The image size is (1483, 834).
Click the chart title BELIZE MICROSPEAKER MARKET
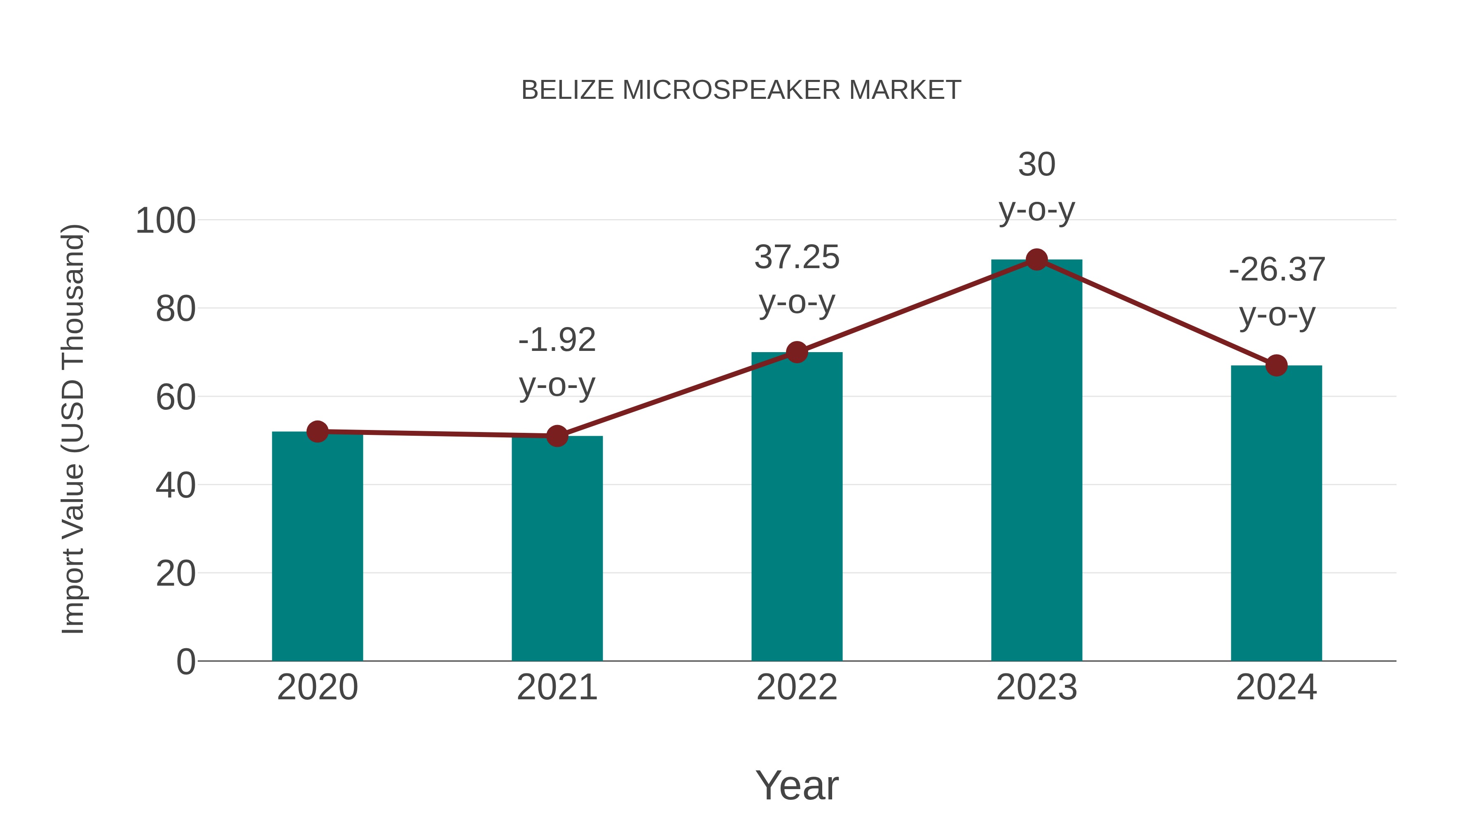741,90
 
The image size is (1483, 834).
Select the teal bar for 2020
317,547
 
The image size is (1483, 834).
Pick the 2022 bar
797,507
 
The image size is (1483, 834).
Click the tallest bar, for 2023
1036,460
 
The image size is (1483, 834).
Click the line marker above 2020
317,432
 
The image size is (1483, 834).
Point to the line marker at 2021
557,436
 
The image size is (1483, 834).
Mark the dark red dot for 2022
797,352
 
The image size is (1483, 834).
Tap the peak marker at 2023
1036,259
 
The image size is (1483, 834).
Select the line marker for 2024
1276,365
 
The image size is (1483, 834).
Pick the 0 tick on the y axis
185,662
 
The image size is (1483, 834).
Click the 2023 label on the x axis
1036,687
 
